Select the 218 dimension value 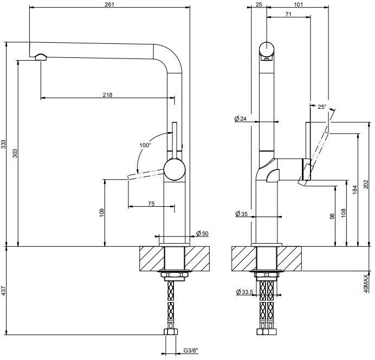click(107, 95)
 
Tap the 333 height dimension click(4, 144)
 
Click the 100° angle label click(145, 145)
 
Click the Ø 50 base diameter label click(202, 233)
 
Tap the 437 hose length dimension click(4, 291)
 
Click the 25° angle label click(322, 107)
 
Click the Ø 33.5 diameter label click(245, 292)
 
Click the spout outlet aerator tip click(41, 56)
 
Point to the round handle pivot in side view click(174, 169)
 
